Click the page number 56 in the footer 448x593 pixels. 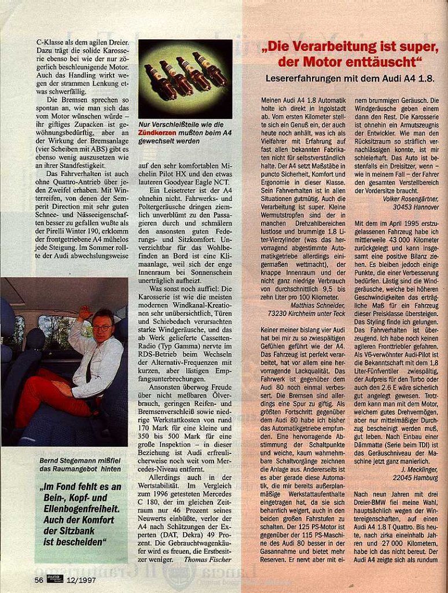(x=38, y=579)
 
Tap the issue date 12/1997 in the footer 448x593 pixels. (x=81, y=579)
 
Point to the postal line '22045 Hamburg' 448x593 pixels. (x=416, y=478)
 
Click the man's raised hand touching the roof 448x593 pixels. (x=85, y=313)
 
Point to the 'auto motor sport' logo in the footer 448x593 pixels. (x=55, y=579)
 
